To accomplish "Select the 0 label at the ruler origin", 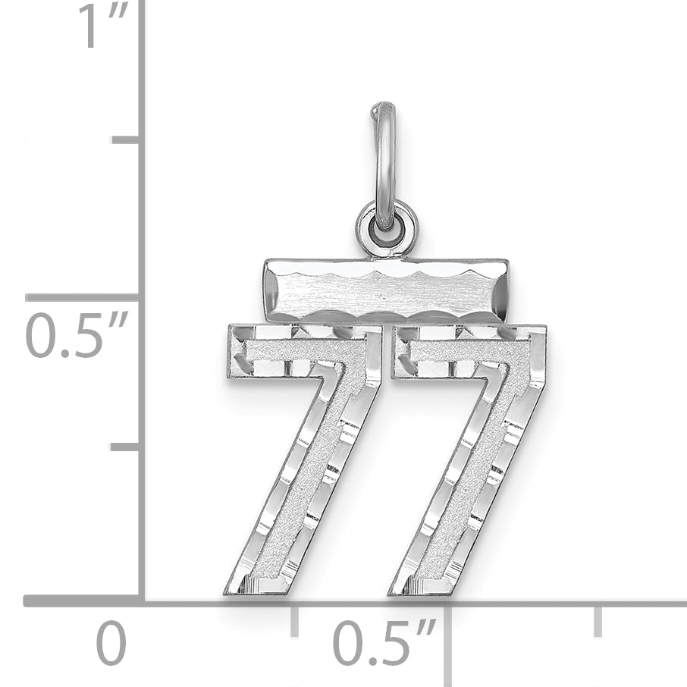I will pos(111,645).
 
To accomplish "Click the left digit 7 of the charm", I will pos(303,455).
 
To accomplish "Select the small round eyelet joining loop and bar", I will pos(386,227).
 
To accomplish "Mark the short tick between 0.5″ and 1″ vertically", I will pos(125,140).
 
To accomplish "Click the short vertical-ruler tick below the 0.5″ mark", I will pos(125,447).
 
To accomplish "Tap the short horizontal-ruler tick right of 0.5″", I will pos(598,620).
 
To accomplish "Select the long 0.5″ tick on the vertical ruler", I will pos(83,296).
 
